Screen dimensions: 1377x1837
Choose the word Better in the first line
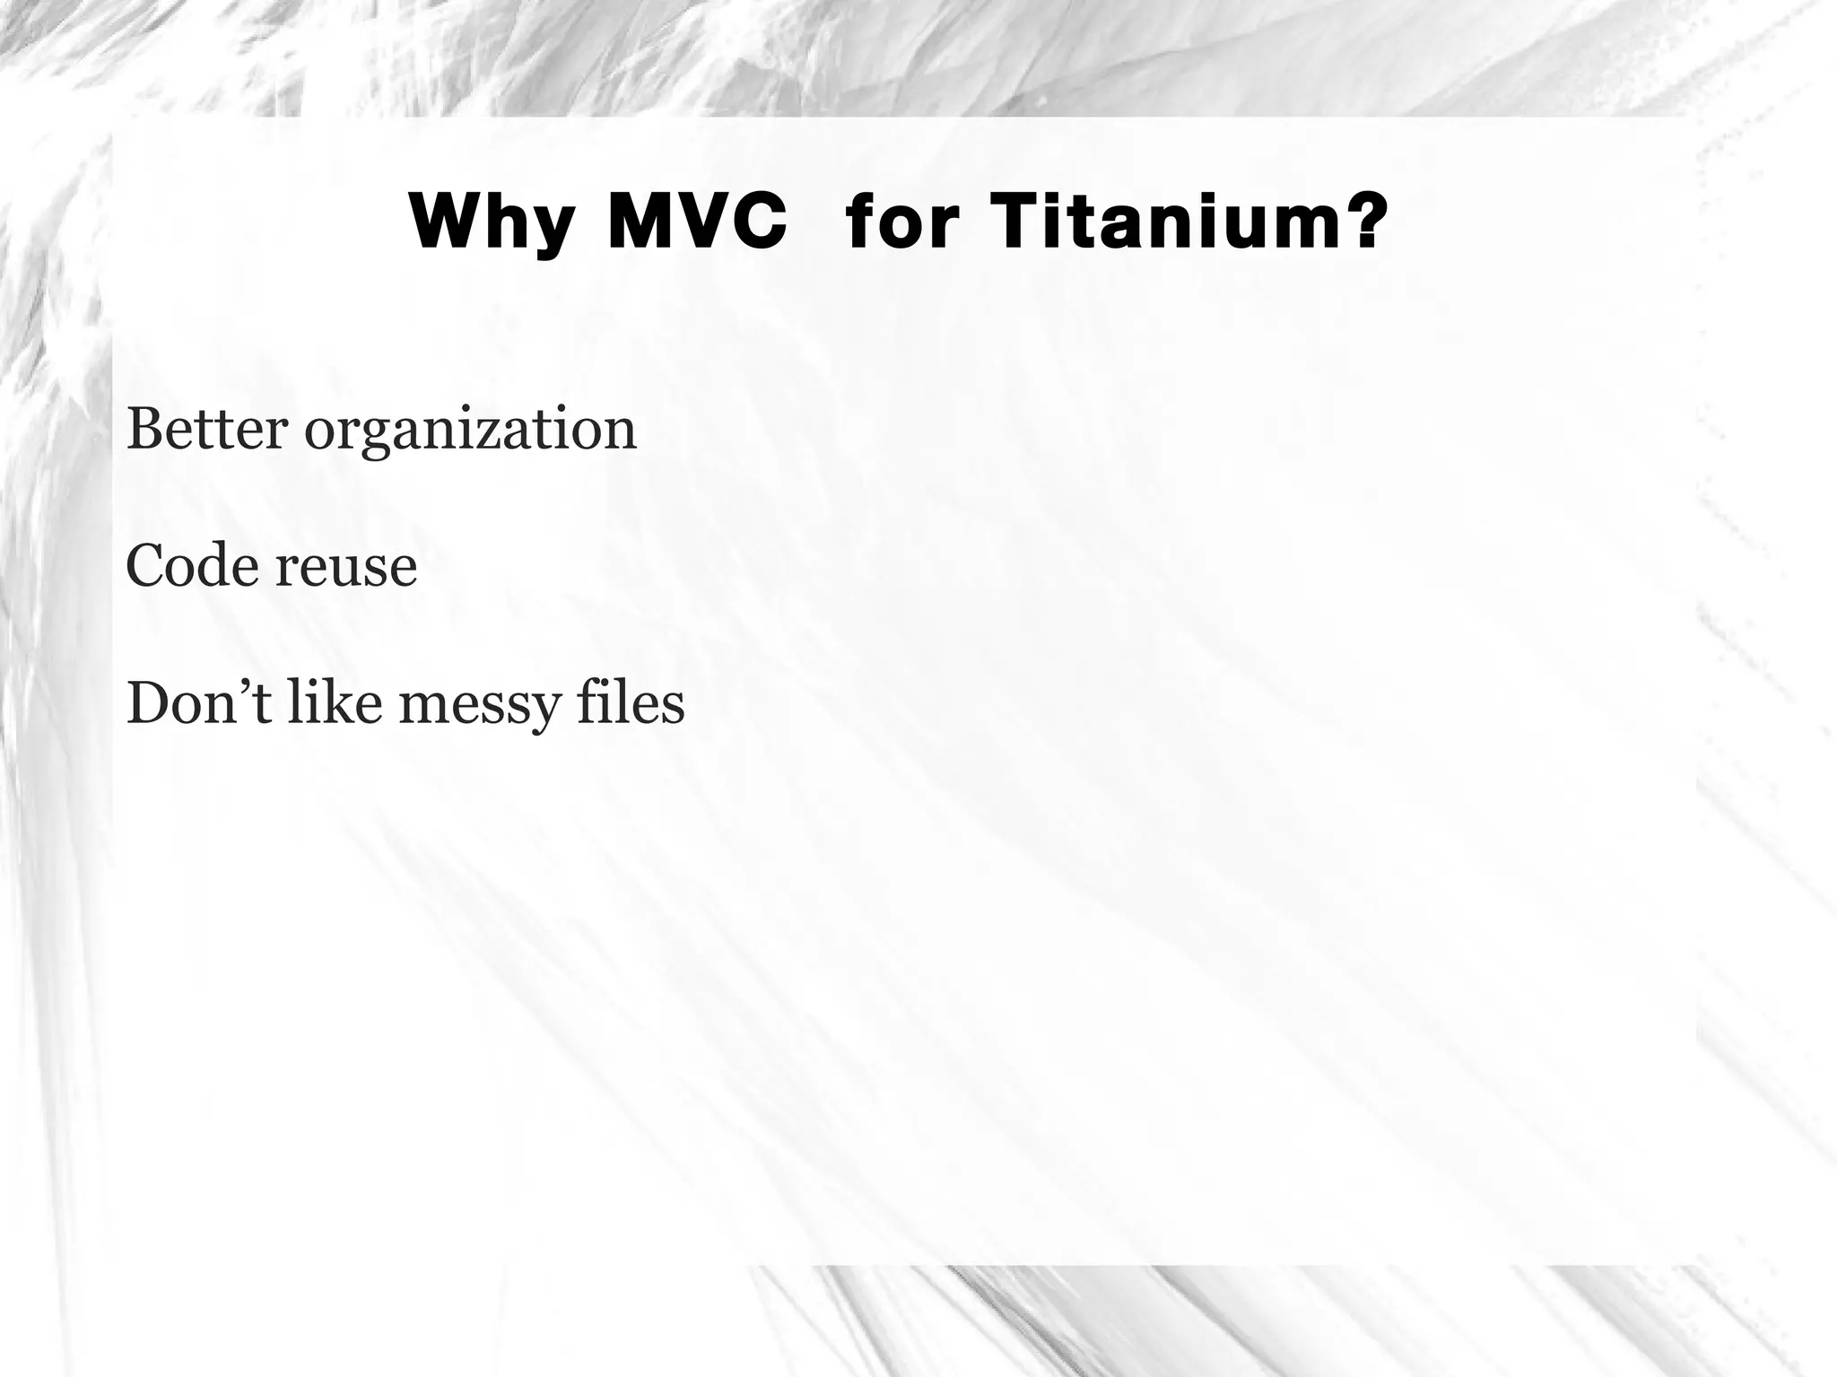pos(207,429)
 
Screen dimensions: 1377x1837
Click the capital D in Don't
pos(147,702)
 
